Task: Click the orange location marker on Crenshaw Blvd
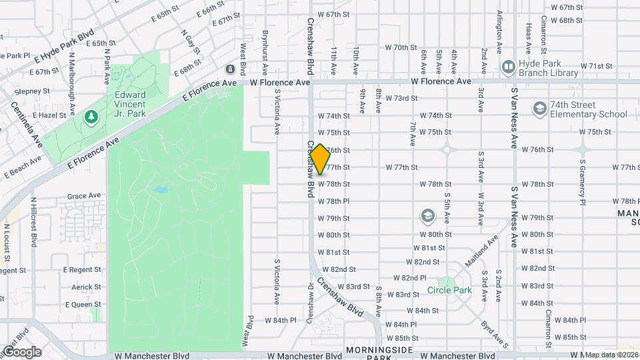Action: tap(320, 159)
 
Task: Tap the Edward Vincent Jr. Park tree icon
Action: tap(91, 117)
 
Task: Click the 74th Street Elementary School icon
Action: tap(539, 109)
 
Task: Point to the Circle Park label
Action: tap(449, 290)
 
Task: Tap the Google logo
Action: tap(21, 351)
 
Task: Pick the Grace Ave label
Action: tap(83, 196)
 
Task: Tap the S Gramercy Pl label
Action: tap(582, 181)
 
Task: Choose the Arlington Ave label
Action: tap(499, 31)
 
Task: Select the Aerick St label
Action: tap(86, 287)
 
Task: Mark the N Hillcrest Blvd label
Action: tap(33, 222)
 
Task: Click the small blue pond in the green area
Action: tap(160, 190)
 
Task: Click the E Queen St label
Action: tap(83, 304)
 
